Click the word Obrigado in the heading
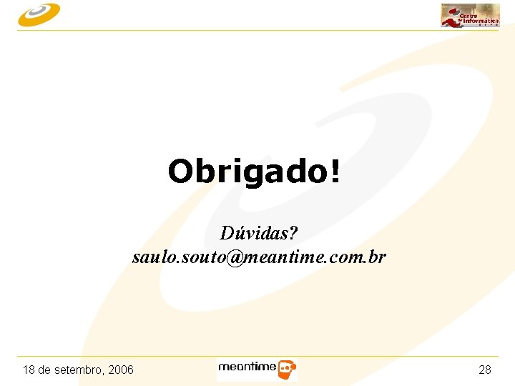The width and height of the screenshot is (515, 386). pyautogui.click(x=248, y=172)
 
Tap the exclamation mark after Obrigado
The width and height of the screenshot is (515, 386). pyautogui.click(x=335, y=172)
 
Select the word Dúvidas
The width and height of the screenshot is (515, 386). pyautogui.click(x=254, y=234)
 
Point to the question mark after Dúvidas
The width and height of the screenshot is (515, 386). pyautogui.click(x=293, y=234)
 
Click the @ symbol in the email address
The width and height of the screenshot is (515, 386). pyautogui.click(x=235, y=257)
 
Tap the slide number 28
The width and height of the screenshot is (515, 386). pyautogui.click(x=485, y=370)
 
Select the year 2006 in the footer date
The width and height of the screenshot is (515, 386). pyautogui.click(x=121, y=370)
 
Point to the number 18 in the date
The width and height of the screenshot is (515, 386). pyautogui.click(x=29, y=370)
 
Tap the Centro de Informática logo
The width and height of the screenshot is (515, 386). pyautogui.click(x=470, y=15)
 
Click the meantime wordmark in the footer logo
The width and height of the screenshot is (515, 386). pyautogui.click(x=247, y=367)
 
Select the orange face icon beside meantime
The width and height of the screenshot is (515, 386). pyautogui.click(x=287, y=370)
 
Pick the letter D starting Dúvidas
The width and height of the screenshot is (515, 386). pyautogui.click(x=227, y=234)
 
